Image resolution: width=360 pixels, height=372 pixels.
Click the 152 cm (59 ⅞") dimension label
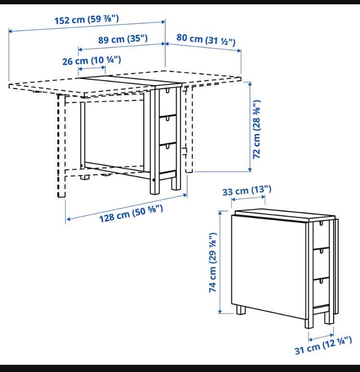87,19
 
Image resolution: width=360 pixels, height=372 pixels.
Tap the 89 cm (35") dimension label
123,39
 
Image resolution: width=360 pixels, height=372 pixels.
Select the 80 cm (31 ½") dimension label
206,39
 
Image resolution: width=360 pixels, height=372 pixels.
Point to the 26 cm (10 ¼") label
92,61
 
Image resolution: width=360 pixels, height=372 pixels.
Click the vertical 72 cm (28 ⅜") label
257,129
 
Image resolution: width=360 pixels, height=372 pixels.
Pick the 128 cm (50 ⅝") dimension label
131,213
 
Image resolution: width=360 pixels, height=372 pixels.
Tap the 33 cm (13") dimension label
246,191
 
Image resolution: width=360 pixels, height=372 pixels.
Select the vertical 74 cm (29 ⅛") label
213,262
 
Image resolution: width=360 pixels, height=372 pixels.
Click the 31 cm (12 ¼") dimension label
323,345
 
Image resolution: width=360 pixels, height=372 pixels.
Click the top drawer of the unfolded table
168,101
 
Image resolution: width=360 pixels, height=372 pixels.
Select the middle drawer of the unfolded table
168,129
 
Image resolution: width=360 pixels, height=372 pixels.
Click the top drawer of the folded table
322,235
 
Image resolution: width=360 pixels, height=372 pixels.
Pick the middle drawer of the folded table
322,263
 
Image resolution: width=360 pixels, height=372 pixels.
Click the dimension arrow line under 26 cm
92,68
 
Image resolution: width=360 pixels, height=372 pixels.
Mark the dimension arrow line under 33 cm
248,198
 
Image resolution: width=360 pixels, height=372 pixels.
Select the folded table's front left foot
241,310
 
